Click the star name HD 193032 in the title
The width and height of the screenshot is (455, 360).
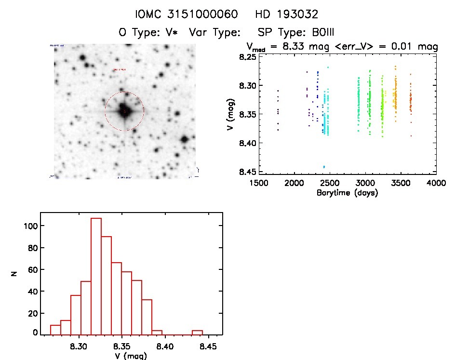tap(287, 14)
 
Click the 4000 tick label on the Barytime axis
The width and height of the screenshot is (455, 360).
tap(436, 183)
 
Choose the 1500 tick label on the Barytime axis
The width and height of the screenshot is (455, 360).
tap(258, 183)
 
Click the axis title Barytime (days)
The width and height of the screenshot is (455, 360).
tap(347, 193)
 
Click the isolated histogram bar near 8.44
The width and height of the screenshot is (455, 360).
tap(197, 332)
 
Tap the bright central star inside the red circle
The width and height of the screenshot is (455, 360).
tap(124, 110)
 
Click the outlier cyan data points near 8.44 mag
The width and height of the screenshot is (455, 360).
tap(324, 167)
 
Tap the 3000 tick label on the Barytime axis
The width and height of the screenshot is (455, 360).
tap(365, 183)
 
